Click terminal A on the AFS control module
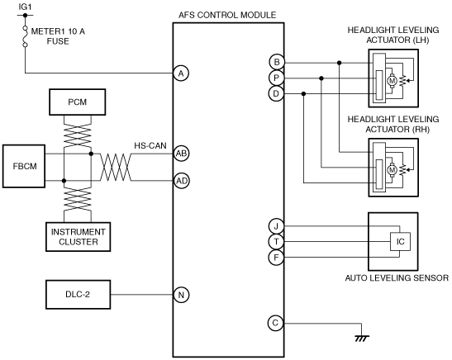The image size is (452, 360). coord(181,73)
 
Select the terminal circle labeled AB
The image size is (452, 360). coord(181,154)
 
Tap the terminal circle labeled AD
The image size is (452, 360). coord(182,181)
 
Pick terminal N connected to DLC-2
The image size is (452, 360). coord(181,295)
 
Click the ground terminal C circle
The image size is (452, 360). coord(276,323)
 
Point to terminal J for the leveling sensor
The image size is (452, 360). coord(276,226)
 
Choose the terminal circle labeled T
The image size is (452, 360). coord(276,242)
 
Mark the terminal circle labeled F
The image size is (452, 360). coord(276,257)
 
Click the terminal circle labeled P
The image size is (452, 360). coord(277,78)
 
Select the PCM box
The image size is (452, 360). coord(77,102)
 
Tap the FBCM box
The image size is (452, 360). coord(24,166)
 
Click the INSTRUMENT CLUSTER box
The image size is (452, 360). coord(79,237)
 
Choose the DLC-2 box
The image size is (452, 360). coord(79,294)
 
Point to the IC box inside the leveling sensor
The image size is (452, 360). coord(400,242)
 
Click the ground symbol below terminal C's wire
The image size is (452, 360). coord(362,338)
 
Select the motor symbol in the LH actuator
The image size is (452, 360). coord(392,81)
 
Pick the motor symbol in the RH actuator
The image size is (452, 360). coord(392,170)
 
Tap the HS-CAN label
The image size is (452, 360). coord(150,145)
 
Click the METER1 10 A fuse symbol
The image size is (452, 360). coord(25,36)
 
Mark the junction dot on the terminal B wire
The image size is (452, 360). coord(340,63)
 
